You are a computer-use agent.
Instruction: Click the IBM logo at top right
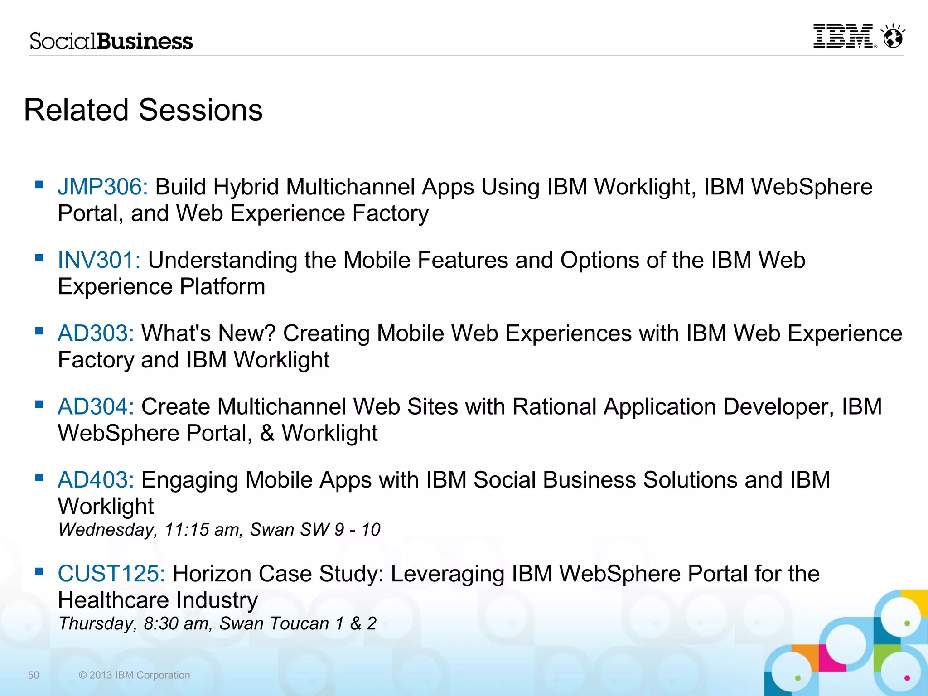click(x=843, y=36)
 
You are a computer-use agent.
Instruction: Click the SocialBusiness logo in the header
click(x=111, y=41)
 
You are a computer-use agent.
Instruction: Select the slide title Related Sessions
click(x=143, y=110)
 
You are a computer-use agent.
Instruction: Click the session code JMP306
click(x=102, y=187)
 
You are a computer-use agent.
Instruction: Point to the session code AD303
click(x=96, y=333)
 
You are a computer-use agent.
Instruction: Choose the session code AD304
click(x=96, y=406)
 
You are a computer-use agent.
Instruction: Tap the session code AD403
click(x=96, y=480)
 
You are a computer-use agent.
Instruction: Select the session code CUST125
click(x=111, y=574)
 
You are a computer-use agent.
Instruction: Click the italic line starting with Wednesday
click(x=219, y=530)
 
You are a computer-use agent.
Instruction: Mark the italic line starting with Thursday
click(x=217, y=623)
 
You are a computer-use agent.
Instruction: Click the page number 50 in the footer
click(x=34, y=675)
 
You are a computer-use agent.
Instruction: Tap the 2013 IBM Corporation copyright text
click(x=135, y=675)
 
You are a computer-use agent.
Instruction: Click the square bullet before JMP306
click(x=39, y=184)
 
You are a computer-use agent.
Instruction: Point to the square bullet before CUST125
click(x=39, y=571)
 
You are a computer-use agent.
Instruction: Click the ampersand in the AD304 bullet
click(x=267, y=433)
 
